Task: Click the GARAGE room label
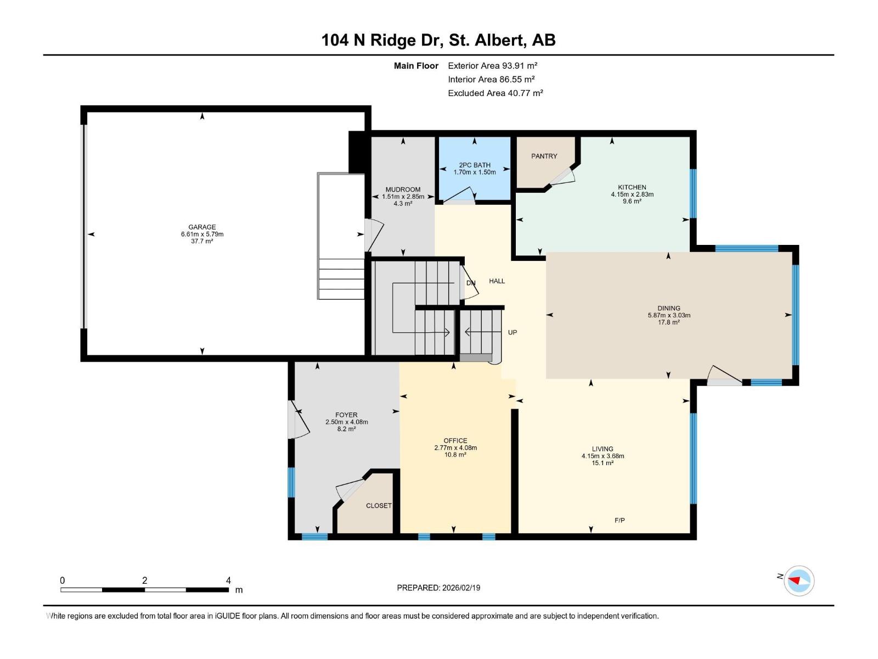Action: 202,227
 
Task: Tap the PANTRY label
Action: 544,156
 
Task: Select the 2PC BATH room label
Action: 475,165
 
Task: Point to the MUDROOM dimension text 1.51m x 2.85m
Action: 403,197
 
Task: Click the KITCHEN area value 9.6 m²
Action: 632,201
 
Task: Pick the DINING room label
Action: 669,308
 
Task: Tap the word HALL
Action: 497,281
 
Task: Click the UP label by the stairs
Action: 513,332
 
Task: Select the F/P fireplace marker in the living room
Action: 620,520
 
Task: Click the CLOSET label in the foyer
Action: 379,506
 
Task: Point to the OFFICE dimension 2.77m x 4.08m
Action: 455,448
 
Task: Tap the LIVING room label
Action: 603,449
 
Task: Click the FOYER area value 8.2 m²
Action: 346,429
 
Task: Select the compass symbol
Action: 799,580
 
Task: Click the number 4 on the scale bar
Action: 228,580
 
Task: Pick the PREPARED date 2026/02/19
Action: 461,588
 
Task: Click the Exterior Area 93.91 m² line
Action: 492,65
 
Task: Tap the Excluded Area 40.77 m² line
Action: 495,93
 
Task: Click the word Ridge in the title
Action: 393,41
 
